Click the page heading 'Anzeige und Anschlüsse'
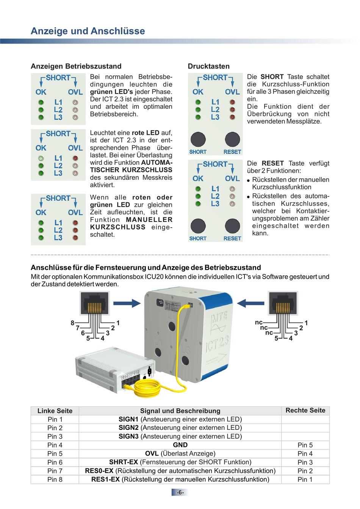pyautogui.click(x=88, y=31)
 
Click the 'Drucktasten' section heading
pyautogui.click(x=208, y=66)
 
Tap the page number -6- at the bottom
pyautogui.click(x=180, y=492)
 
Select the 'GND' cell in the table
pyautogui.click(x=180, y=445)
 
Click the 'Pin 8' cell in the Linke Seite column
pyautogui.click(x=55, y=479)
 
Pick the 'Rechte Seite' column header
pyautogui.click(x=305, y=411)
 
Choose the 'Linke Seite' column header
pyautogui.click(x=55, y=411)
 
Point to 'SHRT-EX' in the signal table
pyautogui.click(x=124, y=462)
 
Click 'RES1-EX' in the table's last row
pyautogui.click(x=105, y=479)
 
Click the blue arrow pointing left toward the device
pyautogui.click(x=250, y=303)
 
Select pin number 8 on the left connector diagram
pyautogui.click(x=72, y=323)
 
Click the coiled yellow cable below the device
pyautogui.click(x=152, y=386)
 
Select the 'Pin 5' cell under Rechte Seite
pyautogui.click(x=305, y=445)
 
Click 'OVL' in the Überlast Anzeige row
pyautogui.click(x=152, y=454)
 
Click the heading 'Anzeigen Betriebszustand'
pyautogui.click(x=76, y=66)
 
